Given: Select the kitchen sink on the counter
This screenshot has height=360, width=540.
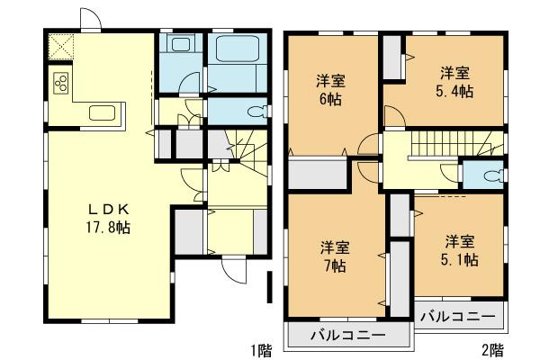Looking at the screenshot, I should [101, 113].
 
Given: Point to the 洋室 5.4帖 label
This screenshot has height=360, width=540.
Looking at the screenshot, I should [457, 81].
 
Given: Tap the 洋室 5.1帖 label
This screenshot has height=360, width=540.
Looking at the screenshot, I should [460, 250].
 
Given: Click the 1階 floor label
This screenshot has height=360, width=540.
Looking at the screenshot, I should [260, 348].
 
